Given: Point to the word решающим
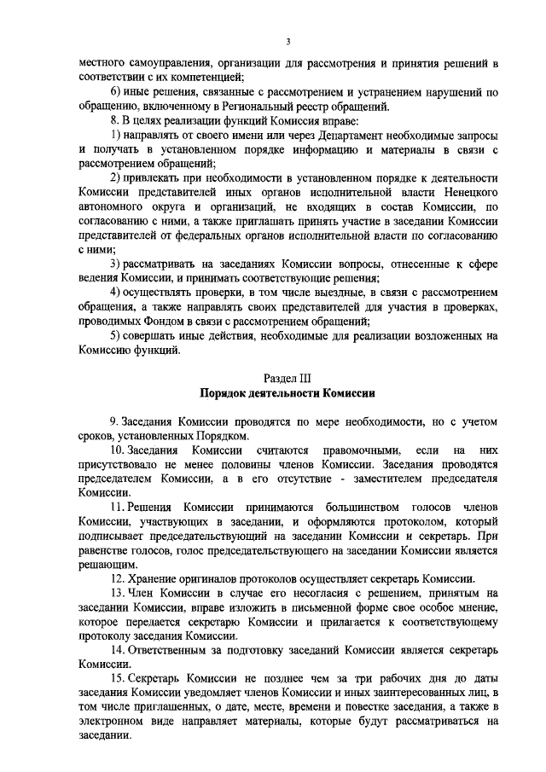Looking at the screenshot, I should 105,564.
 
